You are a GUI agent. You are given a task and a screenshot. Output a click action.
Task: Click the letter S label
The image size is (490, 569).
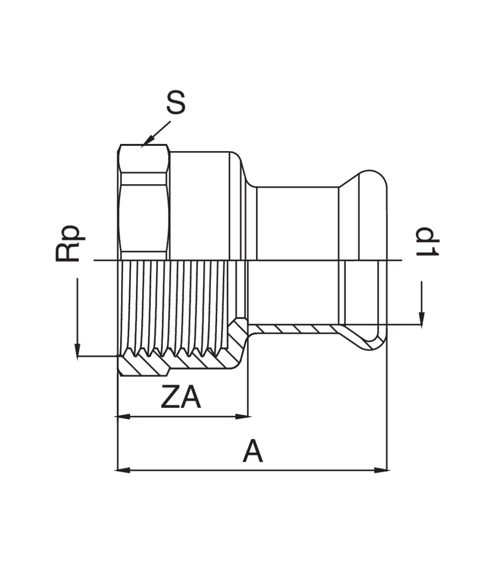click(176, 103)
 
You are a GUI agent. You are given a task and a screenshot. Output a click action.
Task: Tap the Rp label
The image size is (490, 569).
click(68, 243)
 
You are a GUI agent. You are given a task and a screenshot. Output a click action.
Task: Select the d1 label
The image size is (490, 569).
click(427, 241)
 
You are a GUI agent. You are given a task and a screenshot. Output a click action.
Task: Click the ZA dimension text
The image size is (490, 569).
click(181, 398)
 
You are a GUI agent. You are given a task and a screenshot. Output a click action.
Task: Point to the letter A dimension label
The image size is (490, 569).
click(253, 452)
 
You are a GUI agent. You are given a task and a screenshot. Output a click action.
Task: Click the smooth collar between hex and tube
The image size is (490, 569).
click(201, 206)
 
